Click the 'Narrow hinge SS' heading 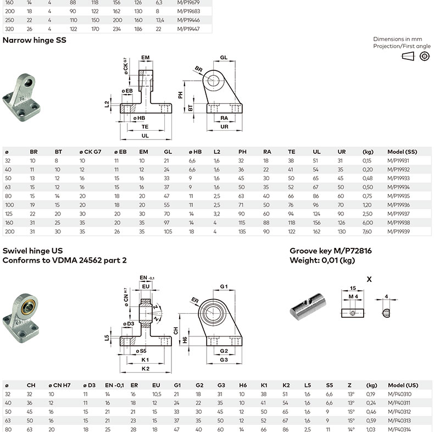point(35,40)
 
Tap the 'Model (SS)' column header point(403,152)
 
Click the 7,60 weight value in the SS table point(367,231)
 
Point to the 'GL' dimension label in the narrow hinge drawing point(224,58)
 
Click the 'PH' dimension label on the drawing point(180,95)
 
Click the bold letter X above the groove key point(369,279)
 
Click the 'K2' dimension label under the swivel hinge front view point(145,368)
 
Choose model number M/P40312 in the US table point(400,412)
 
